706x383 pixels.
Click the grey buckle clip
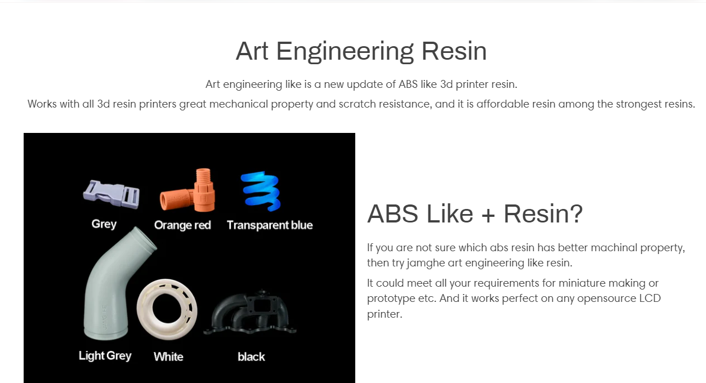(111, 194)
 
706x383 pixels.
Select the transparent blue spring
(261, 191)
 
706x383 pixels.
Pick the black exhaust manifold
(250, 312)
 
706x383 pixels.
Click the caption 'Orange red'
(182, 225)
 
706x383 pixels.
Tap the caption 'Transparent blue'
(270, 225)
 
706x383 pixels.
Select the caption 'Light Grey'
(105, 355)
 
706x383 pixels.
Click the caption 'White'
(168, 357)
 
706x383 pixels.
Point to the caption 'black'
(251, 357)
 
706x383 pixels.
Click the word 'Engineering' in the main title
(345, 52)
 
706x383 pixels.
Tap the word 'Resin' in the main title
(454, 51)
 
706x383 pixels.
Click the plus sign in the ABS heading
(488, 215)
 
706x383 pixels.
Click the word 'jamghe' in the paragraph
(426, 263)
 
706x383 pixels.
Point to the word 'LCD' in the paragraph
(650, 298)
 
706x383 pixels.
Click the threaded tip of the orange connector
(203, 175)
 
